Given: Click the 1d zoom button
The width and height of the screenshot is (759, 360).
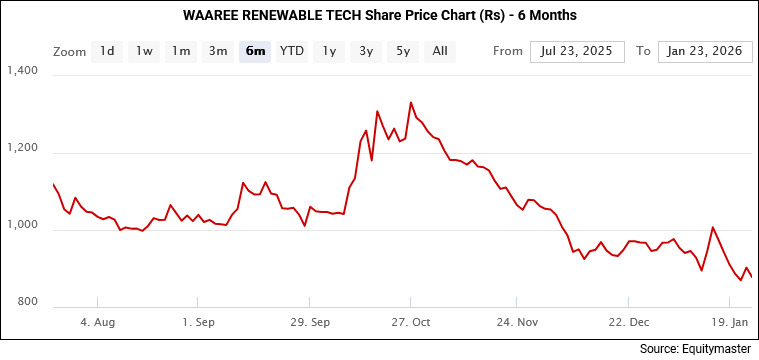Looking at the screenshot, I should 107,51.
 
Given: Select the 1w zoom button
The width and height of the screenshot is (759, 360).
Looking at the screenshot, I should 144,51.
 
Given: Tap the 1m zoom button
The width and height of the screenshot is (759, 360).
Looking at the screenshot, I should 180,51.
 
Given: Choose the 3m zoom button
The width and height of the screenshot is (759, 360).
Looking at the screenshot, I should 217,51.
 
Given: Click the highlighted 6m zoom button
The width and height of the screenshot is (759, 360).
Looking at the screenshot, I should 255,51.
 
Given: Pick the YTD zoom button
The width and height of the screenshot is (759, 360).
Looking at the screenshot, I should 292,51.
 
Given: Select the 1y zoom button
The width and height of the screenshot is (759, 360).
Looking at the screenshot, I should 329,51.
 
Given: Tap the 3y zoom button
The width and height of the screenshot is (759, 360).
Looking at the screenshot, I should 366,51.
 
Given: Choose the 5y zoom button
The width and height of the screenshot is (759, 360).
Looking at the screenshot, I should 403,51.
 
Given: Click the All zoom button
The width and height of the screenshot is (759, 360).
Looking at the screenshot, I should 440,51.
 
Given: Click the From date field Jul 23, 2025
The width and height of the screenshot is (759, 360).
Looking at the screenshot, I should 577,51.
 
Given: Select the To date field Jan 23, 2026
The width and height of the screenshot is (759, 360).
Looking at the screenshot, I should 705,51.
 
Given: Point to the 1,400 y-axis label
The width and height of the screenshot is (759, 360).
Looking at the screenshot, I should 21,71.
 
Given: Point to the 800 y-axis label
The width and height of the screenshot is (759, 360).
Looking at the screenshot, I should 26,302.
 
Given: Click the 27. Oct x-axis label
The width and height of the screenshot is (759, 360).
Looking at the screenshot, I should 411,323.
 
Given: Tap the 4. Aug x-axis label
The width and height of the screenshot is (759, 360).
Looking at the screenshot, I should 97,323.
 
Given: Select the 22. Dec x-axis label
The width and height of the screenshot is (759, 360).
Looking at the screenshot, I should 629,323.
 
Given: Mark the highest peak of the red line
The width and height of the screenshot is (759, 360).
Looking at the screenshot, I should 411,102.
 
